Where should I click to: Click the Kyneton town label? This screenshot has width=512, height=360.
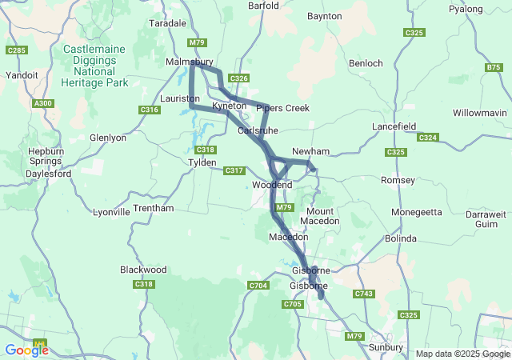230,106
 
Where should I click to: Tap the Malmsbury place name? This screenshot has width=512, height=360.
189,62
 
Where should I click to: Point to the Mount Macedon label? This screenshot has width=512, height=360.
323,215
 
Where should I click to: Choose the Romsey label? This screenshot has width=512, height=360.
398,180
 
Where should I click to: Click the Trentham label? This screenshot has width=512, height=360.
153,208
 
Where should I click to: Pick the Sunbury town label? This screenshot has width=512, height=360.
386,347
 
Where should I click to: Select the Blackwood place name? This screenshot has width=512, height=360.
143,270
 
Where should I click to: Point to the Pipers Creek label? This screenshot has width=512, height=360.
282,108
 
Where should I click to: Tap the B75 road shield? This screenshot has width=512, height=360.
494,68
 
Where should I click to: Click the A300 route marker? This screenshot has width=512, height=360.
43,103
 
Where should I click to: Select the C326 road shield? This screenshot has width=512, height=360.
238,78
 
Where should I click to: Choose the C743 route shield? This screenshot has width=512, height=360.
363,294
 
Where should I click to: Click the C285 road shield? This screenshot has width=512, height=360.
16,50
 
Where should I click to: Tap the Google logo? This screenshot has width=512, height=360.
26,350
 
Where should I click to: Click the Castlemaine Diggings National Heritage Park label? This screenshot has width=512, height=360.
94,66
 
